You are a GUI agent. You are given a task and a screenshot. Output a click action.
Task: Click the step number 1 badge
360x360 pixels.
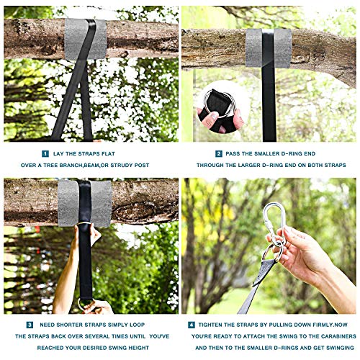[x=45, y=153]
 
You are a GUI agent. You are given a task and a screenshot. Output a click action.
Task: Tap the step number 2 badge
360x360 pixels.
[x=219, y=153]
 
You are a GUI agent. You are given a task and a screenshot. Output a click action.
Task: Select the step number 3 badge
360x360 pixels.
[x=30, y=325]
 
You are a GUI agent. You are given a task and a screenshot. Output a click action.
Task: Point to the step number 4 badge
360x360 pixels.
[x=192, y=325]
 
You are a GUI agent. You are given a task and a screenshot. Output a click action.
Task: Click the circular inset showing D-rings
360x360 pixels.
[x=220, y=107]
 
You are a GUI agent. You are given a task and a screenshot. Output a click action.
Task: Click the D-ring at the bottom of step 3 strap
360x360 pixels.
[x=84, y=305]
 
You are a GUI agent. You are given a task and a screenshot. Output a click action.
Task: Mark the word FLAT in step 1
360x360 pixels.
[x=109, y=154]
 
